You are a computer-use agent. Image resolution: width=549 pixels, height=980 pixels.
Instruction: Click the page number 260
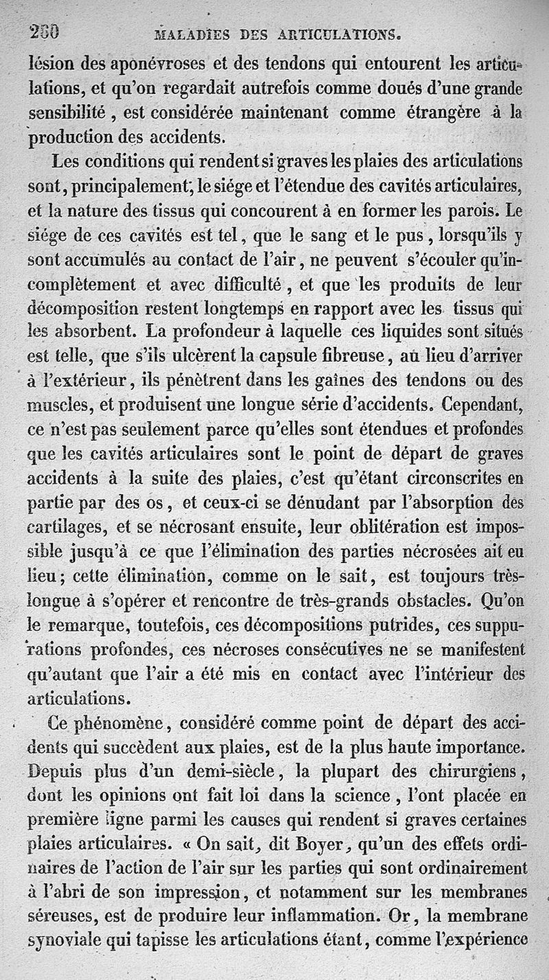click(x=44, y=31)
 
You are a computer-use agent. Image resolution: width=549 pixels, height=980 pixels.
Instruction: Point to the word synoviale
click(x=65, y=942)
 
